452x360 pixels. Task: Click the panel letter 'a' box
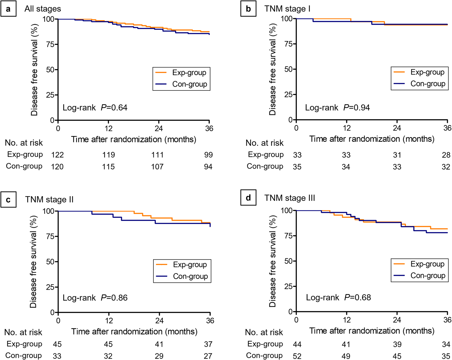8,9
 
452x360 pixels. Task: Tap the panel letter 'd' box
248,198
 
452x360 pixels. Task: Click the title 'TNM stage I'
287,9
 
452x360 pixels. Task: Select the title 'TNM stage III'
290,198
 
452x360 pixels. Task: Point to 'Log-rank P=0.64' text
95,108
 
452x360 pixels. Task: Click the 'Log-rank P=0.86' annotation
95,298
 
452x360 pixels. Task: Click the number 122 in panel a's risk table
57,155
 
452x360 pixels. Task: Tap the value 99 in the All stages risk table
208,155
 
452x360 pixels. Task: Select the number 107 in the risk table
157,167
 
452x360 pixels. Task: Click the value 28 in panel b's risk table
446,155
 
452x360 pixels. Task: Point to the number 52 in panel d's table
297,356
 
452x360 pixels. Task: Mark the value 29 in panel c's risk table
159,356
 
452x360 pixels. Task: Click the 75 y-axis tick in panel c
50,236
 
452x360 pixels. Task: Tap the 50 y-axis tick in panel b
289,69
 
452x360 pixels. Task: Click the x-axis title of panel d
372,331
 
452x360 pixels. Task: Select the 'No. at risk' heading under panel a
24,143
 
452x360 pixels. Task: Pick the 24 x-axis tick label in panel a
159,129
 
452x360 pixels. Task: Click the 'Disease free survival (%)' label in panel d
272,261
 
